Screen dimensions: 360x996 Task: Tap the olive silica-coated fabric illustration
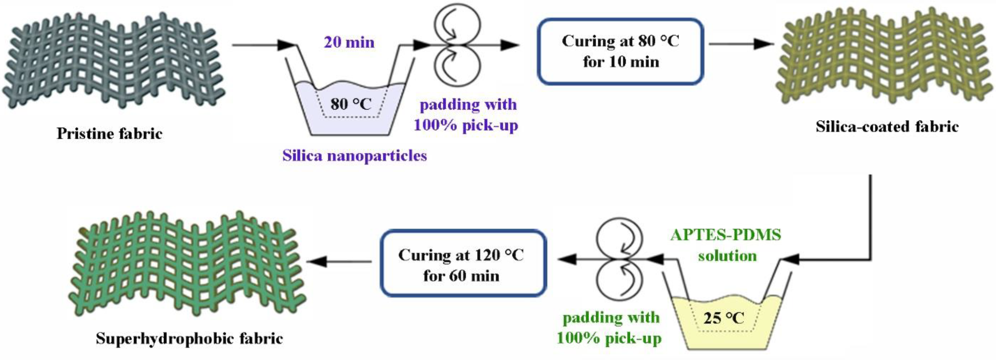point(885,58)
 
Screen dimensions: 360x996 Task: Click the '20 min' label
point(349,42)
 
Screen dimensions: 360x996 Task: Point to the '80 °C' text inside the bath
point(351,104)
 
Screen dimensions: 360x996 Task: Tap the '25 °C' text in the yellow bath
point(723,318)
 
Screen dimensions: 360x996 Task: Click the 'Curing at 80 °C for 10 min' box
point(620,51)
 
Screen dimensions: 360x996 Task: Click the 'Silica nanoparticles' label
point(354,155)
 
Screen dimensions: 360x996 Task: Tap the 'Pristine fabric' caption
point(110,133)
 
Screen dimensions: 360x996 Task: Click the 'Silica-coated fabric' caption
point(887,127)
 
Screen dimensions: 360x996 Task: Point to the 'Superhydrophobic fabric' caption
point(189,338)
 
